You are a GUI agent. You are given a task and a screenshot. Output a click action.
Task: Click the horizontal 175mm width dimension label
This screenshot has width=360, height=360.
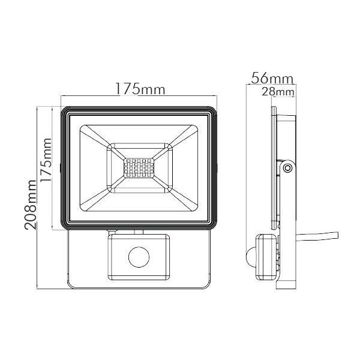pyautogui.click(x=140, y=89)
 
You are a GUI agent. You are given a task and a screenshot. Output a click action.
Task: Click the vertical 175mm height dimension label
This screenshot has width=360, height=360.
pyautogui.click(x=46, y=160)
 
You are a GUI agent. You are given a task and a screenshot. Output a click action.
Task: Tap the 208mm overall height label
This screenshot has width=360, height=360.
pyautogui.click(x=31, y=205)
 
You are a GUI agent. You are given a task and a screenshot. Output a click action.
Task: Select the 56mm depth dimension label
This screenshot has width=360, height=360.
pyautogui.click(x=272, y=78)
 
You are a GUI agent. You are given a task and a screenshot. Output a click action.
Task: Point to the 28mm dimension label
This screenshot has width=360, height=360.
pyautogui.click(x=278, y=92)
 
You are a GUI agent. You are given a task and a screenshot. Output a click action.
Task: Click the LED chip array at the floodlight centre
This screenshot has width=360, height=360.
pyautogui.click(x=139, y=168)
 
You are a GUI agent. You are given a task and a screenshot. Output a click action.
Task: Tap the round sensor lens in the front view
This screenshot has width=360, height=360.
pyautogui.click(x=139, y=257)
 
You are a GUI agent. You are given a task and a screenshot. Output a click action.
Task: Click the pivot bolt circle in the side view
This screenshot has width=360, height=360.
pyautogui.click(x=287, y=168)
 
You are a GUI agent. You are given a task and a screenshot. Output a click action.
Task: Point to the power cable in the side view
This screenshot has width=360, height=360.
pyautogui.click(x=317, y=236)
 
